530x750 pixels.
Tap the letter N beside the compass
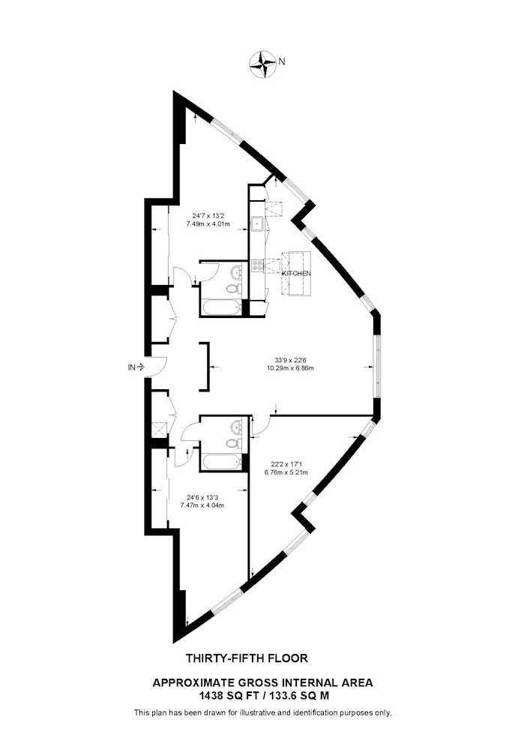pyautogui.click(x=282, y=61)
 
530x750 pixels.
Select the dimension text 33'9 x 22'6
pyautogui.click(x=287, y=361)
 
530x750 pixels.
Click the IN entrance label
pyautogui.click(x=131, y=367)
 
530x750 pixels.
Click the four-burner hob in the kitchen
pyautogui.click(x=258, y=266)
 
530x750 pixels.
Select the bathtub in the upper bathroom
pyautogui.click(x=221, y=308)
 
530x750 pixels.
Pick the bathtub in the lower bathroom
pyautogui.click(x=221, y=463)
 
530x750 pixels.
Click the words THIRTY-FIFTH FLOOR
pyautogui.click(x=247, y=658)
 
